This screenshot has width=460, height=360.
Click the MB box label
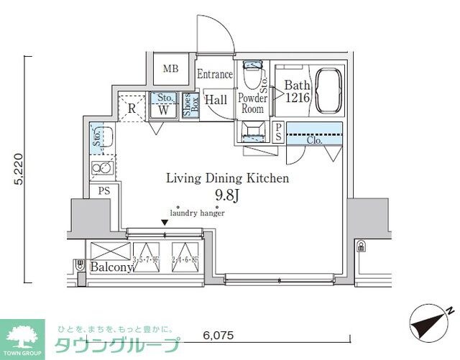pyautogui.click(x=170, y=69)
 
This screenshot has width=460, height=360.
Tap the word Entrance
pyautogui.click(x=215, y=74)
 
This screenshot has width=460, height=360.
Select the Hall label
pyautogui.click(x=216, y=101)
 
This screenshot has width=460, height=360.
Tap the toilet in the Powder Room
pyautogui.click(x=253, y=74)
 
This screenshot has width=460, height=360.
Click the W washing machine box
pyautogui.click(x=163, y=111)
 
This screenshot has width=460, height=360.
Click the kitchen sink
pyautogui.click(x=102, y=137)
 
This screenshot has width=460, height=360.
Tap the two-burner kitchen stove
pyautogui.click(x=101, y=169)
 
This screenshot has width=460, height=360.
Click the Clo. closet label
pyautogui.click(x=314, y=141)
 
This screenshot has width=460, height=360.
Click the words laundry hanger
pyautogui.click(x=198, y=213)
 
